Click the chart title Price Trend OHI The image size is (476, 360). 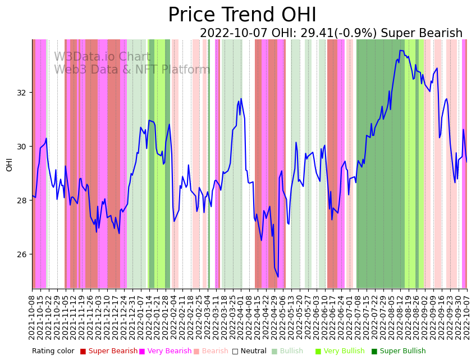coord(242,15)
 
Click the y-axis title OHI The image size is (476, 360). coord(10,164)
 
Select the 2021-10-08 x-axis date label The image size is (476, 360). coord(33,315)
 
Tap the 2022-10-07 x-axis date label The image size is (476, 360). coord(467,315)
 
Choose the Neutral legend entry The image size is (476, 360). coord(249,352)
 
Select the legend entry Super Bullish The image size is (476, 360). coord(402,352)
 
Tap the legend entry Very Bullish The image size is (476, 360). coord(343,352)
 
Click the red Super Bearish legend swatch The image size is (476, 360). coord(83,352)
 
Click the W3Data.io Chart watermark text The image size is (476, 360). coord(102,57)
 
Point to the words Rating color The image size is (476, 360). coord(53,352)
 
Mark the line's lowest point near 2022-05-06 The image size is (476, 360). coord(278,276)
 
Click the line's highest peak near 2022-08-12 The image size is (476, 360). coord(401,51)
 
